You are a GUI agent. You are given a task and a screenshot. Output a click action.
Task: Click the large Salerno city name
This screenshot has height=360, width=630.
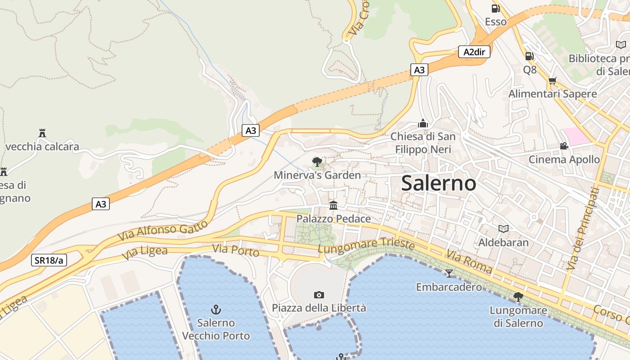click(x=438, y=183)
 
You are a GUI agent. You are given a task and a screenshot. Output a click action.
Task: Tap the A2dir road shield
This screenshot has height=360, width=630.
click(x=474, y=52)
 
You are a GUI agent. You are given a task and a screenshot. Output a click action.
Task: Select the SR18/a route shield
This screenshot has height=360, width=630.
click(x=49, y=260)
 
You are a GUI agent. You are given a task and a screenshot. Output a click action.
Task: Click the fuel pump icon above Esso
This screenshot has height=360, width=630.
click(x=495, y=8)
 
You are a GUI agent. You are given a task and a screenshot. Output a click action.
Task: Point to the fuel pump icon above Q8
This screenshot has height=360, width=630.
click(x=530, y=56)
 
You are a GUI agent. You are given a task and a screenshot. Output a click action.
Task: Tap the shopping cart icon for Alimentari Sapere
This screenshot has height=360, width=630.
click(x=552, y=81)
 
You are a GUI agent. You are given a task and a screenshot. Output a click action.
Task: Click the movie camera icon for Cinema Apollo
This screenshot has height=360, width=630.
click(x=564, y=146)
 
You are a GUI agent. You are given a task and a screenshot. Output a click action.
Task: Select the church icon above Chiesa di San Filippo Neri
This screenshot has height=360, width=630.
click(x=423, y=123)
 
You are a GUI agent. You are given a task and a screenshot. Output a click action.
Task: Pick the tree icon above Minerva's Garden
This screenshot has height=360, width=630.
click(x=317, y=162)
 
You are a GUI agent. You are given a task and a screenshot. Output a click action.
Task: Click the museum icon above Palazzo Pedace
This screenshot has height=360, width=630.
click(x=333, y=205)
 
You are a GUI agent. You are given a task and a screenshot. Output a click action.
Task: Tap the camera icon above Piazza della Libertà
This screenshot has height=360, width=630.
click(x=319, y=295)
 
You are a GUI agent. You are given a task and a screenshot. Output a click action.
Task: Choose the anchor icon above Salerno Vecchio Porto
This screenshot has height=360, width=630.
click(x=216, y=309)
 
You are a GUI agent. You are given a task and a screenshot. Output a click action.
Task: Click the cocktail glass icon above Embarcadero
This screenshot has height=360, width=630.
click(x=449, y=273)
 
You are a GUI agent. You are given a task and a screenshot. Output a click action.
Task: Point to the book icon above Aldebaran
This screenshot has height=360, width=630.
click(x=503, y=229)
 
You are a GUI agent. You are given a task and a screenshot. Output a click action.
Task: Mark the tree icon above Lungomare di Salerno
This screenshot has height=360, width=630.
click(x=518, y=297)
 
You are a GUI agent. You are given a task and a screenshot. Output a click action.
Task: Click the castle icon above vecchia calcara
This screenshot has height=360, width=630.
click(x=42, y=133)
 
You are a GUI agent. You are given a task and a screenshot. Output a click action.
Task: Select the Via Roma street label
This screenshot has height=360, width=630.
click(x=469, y=262)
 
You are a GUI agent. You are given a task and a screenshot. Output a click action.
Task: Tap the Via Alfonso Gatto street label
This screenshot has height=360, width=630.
click(x=163, y=229)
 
